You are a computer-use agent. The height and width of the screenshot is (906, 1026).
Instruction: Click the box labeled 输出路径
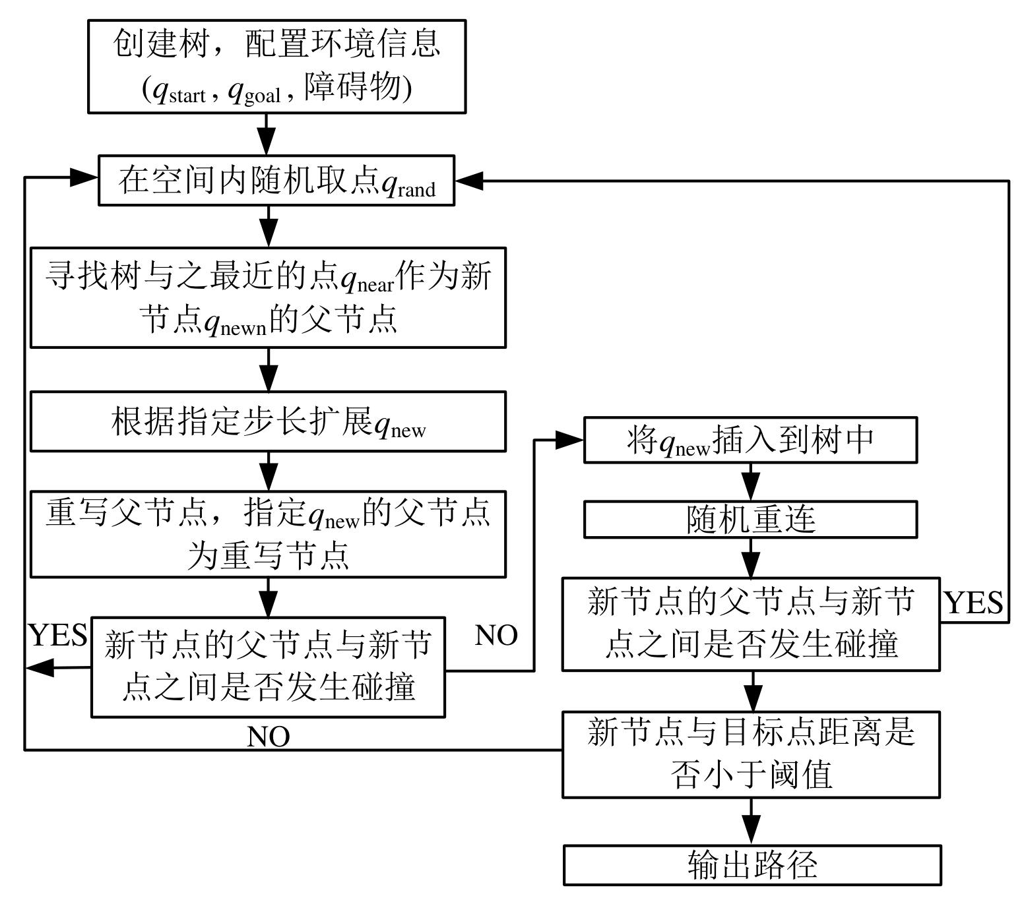pyautogui.click(x=752, y=864)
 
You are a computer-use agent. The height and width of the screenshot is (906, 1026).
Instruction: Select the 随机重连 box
pyautogui.click(x=750, y=520)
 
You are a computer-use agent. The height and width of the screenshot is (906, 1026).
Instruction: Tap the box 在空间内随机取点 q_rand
pyautogui.click(x=276, y=181)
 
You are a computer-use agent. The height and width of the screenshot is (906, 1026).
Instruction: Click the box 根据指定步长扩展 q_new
pyautogui.click(x=268, y=422)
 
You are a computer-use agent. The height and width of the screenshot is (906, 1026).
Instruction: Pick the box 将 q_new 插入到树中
pyautogui.click(x=750, y=440)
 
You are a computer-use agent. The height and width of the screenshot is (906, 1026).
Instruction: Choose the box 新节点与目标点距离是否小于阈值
pyautogui.click(x=751, y=754)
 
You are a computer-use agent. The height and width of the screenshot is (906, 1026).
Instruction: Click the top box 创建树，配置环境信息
pyautogui.click(x=276, y=67)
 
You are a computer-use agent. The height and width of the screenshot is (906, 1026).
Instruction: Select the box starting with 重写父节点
pyautogui.click(x=268, y=534)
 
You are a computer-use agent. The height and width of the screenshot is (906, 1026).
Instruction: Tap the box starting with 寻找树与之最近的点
pyautogui.click(x=268, y=297)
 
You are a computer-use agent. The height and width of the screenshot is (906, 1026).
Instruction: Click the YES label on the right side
pyautogui.click(x=974, y=603)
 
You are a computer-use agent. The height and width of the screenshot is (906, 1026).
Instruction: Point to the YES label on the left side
pyautogui.click(x=58, y=635)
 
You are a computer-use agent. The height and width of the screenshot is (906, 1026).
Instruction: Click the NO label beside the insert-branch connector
pyautogui.click(x=496, y=635)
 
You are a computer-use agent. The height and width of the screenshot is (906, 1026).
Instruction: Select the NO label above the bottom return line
pyautogui.click(x=268, y=737)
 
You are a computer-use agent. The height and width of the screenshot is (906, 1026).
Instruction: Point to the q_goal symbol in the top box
pyautogui.click(x=254, y=92)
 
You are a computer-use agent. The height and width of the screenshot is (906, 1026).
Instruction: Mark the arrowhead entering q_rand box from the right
pyautogui.click(x=468, y=181)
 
